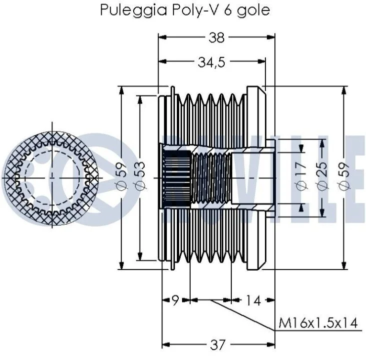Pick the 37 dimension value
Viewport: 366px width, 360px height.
pos(217,344)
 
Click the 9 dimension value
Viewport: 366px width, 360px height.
pos(175,300)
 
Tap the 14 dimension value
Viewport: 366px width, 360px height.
pos(253,300)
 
